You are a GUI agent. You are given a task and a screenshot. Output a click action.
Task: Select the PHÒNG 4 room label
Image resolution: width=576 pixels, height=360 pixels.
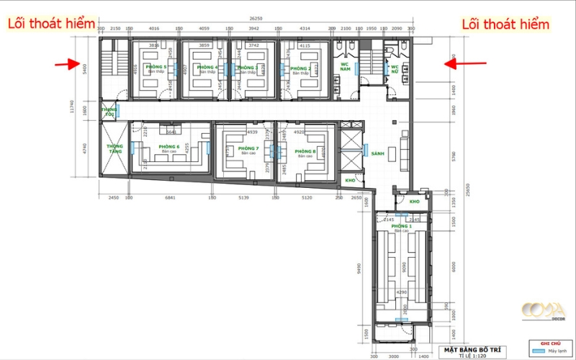pyautogui.click(x=207, y=68)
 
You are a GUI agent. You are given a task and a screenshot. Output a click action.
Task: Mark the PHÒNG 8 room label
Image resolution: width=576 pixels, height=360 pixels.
pyautogui.click(x=305, y=151)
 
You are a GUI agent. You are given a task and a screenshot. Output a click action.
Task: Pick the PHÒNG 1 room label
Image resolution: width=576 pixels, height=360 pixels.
pyautogui.click(x=401, y=226)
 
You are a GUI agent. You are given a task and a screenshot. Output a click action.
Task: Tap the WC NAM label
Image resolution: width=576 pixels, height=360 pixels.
pyautogui.click(x=345, y=66)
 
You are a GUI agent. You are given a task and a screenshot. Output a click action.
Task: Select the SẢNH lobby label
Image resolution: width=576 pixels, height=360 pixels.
pyautogui.click(x=378, y=153)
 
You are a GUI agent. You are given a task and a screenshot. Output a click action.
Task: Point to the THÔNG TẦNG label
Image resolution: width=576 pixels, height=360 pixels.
pyautogui.click(x=114, y=148)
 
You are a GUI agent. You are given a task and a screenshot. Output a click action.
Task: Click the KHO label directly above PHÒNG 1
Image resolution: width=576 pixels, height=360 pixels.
pyautogui.click(x=414, y=202)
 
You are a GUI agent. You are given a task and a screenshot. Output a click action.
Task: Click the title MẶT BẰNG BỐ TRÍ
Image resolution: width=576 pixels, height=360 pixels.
pyautogui.click(x=471, y=349)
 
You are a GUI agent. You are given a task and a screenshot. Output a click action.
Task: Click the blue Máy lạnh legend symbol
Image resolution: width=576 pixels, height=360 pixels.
pyautogui.click(x=536, y=351)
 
